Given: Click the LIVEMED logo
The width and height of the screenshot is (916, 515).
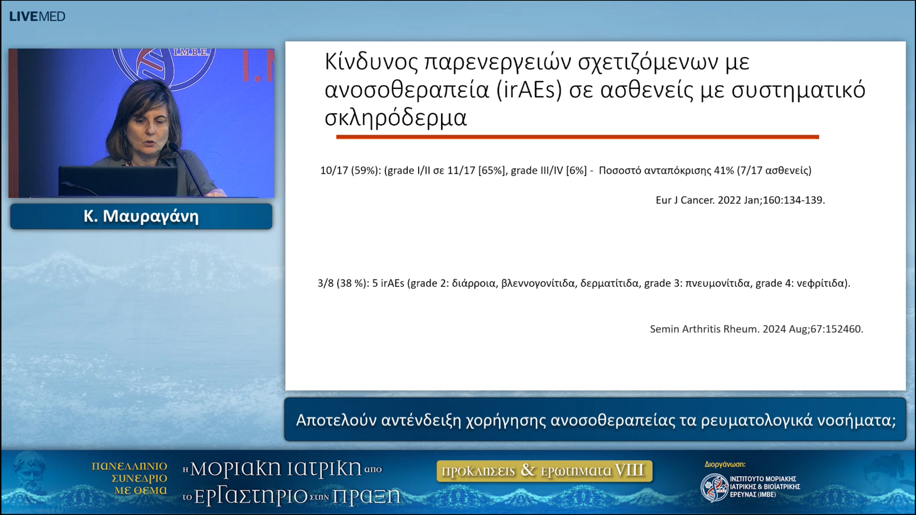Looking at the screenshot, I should click(37, 16).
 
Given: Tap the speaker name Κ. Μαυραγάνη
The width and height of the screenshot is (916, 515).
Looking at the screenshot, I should click(141, 216).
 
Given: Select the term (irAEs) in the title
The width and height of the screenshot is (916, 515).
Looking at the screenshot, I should click(529, 90).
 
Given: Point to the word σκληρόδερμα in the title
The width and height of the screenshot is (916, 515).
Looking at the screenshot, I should click(396, 118).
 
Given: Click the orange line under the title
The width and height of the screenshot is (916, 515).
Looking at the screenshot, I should click(577, 137).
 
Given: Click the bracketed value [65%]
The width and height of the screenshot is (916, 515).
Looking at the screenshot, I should click(493, 171).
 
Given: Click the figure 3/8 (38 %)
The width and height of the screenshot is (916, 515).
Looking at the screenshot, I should click(343, 284).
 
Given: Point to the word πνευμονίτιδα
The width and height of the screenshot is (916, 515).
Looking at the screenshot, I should click(717, 284).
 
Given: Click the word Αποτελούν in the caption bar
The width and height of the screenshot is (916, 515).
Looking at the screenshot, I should click(336, 421).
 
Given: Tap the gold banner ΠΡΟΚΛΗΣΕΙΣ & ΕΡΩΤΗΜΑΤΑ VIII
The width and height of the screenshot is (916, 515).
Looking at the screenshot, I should click(544, 471).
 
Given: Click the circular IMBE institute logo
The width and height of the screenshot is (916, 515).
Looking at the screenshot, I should click(714, 487).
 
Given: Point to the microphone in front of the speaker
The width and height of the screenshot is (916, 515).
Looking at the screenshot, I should click(174, 147).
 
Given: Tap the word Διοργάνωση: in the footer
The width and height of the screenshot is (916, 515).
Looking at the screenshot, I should click(725, 465).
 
